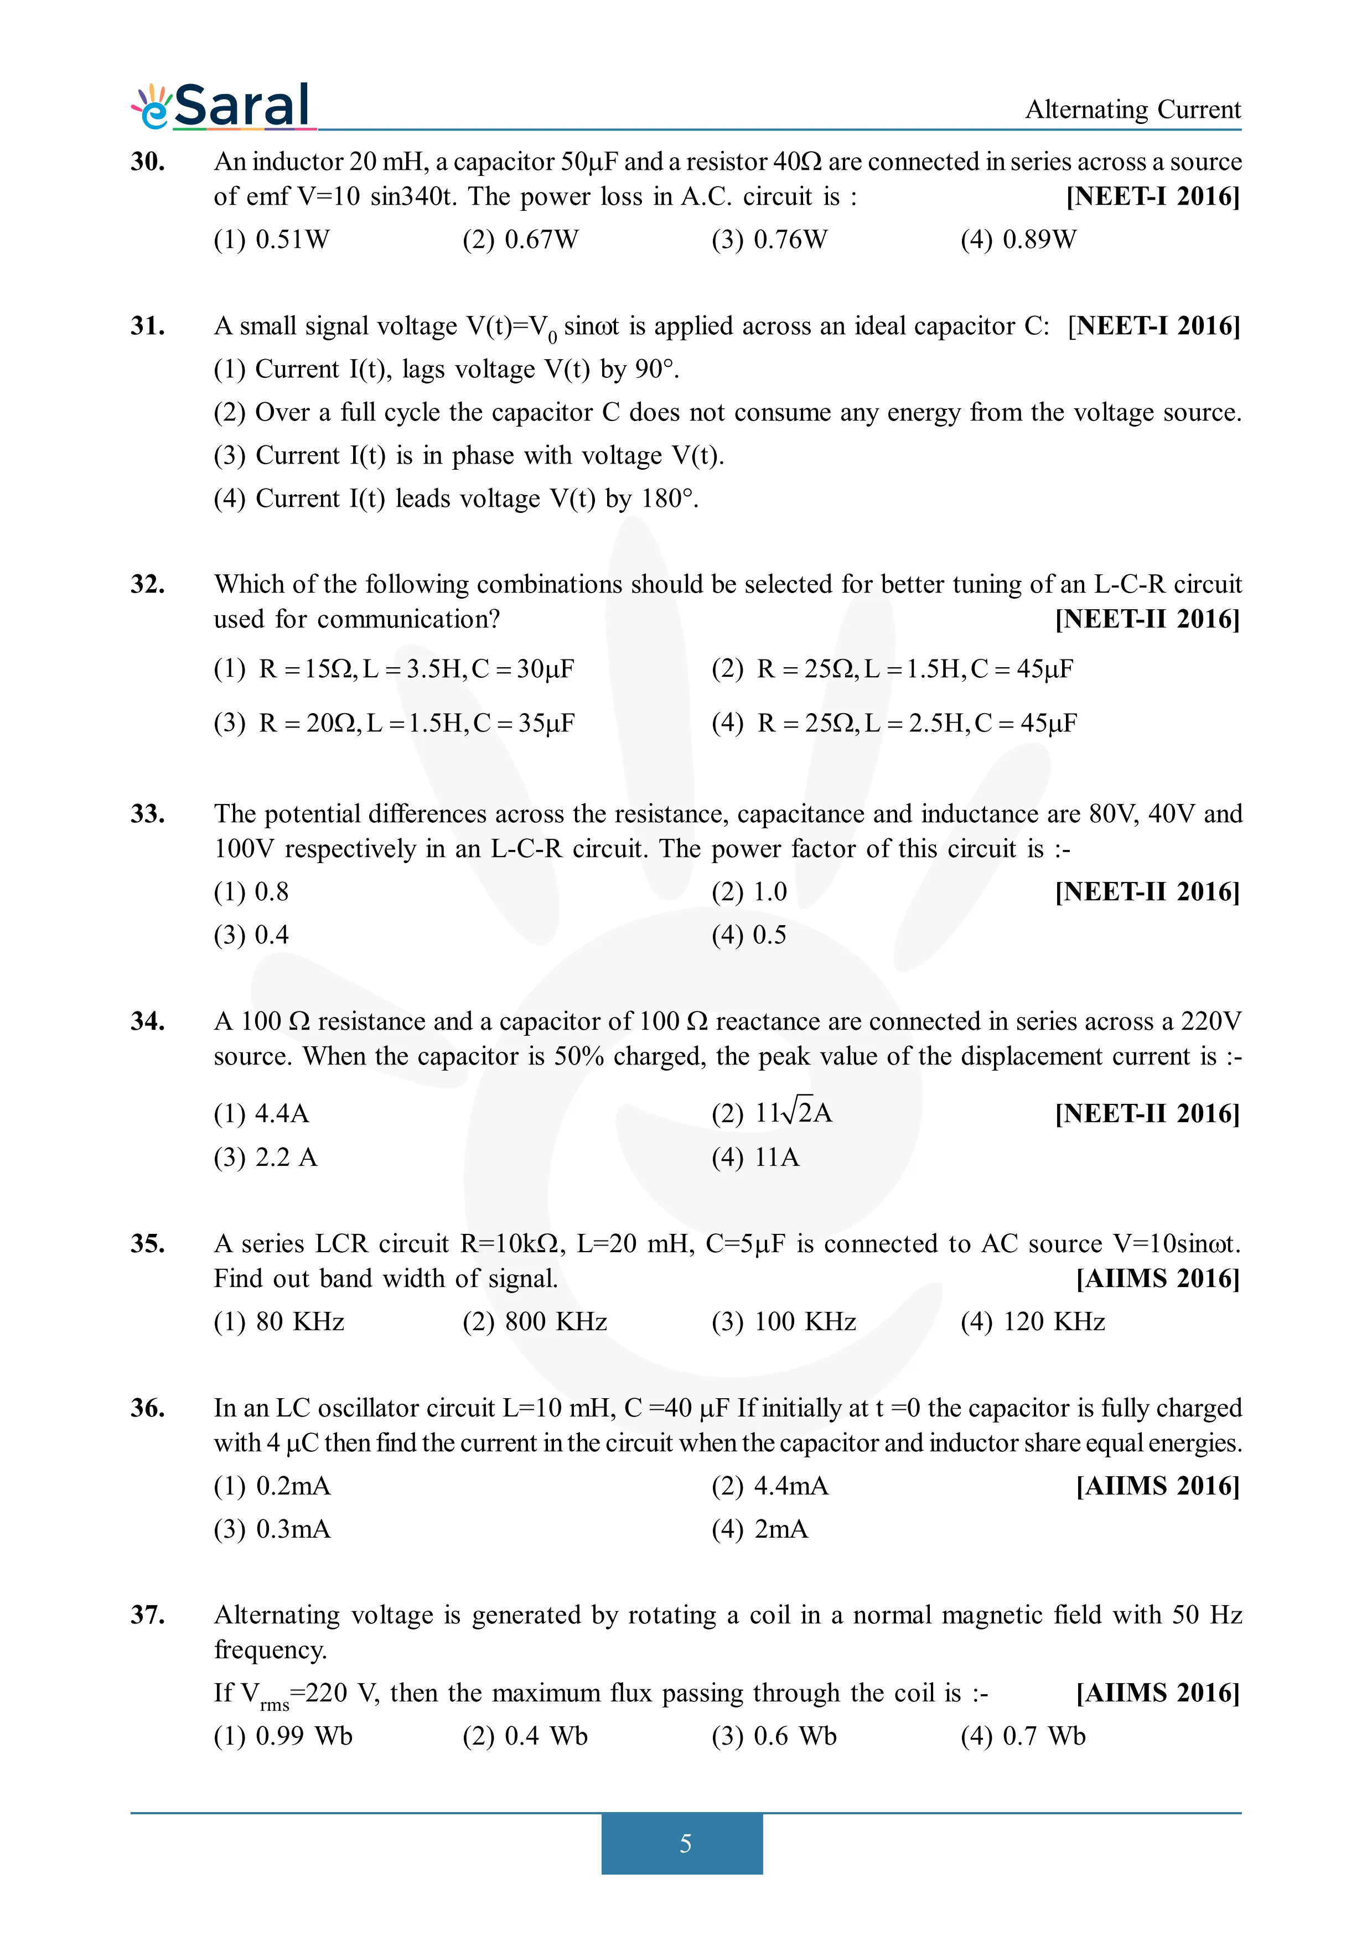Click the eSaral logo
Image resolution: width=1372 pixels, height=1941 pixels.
click(223, 107)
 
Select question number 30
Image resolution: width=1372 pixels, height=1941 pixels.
click(147, 162)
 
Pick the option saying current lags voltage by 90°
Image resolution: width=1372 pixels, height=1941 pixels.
click(446, 370)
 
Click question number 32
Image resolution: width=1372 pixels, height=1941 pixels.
click(147, 584)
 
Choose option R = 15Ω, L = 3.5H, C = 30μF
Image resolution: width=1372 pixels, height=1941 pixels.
click(394, 670)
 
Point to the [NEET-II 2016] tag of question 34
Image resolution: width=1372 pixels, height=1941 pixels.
click(1146, 1113)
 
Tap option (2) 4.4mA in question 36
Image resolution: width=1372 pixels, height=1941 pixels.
click(769, 1486)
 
